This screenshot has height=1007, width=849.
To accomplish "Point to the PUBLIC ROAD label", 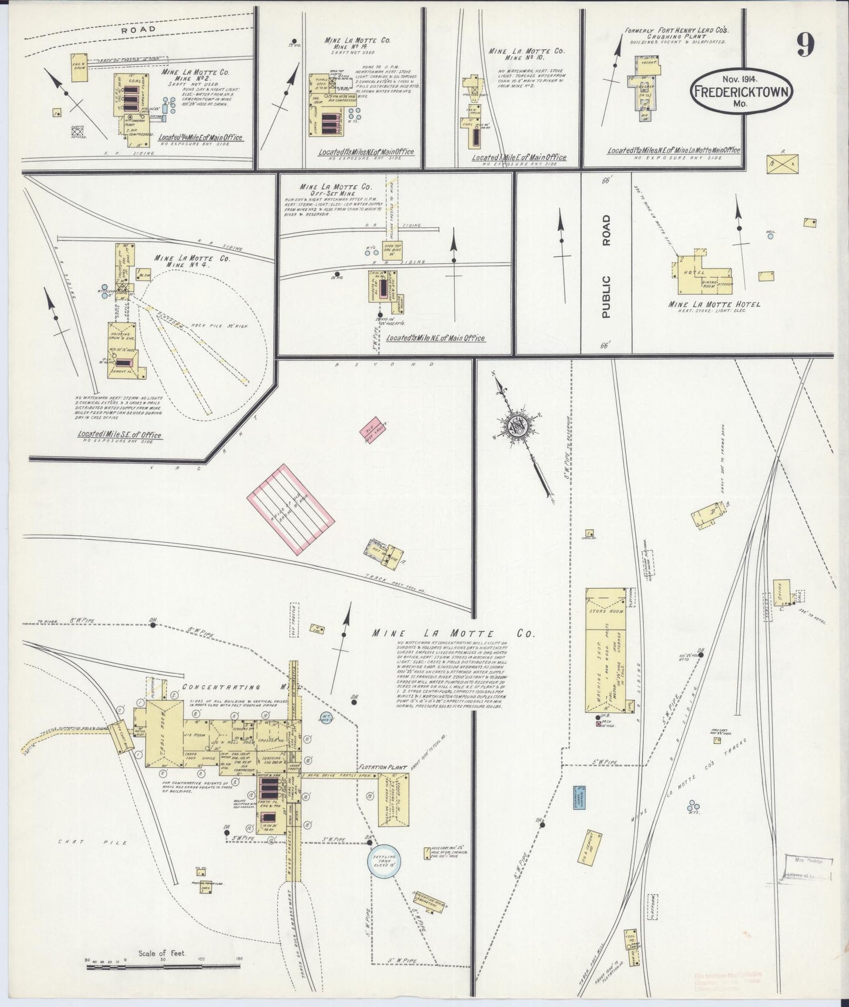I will [x=606, y=266].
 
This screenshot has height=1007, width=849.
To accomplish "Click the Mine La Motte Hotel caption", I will [x=714, y=304].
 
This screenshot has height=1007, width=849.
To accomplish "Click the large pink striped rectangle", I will [x=290, y=508].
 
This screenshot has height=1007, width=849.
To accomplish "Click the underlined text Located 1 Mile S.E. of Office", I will [x=119, y=435].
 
